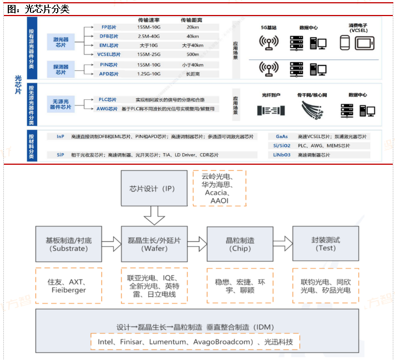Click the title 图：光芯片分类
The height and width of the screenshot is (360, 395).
coord(38,9)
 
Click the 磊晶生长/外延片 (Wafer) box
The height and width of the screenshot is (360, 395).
coord(154,244)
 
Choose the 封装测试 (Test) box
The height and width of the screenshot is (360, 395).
coord(326,244)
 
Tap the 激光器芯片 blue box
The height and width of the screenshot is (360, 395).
coord(60,40)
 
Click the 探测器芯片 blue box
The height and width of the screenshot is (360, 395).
coord(60,69)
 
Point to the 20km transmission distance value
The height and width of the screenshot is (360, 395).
coord(193,27)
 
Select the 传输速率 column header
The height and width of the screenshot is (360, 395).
coord(149,20)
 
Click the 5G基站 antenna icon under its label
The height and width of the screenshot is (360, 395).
coord(269,42)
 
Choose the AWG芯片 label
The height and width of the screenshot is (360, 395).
coord(107,109)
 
